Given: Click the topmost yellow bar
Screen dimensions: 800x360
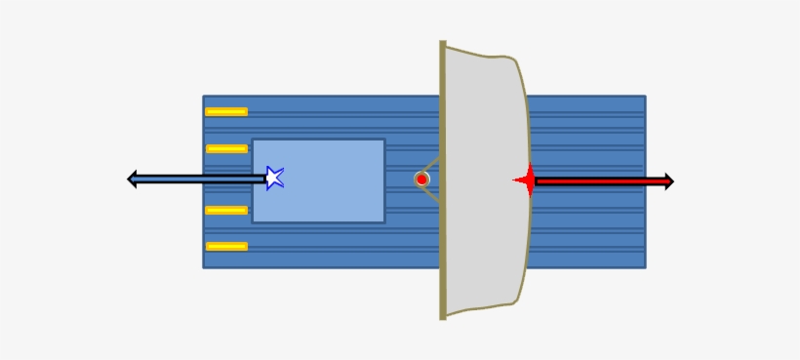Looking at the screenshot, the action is [x=226, y=112].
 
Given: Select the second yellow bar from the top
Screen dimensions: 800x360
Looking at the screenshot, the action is [x=226, y=149].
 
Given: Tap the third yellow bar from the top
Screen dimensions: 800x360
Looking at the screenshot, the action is [x=226, y=211].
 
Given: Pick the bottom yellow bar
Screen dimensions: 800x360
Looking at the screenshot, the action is [x=226, y=246].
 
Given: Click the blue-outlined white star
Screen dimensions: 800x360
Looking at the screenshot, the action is [x=275, y=178].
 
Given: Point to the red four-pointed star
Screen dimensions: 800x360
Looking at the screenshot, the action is [x=527, y=180].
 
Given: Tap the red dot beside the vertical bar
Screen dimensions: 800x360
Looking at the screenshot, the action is [x=421, y=180].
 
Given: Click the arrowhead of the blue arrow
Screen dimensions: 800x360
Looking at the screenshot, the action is [x=134, y=179].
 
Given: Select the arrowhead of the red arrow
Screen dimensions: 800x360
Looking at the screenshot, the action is [x=668, y=181].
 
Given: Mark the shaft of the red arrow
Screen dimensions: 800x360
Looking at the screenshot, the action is [x=600, y=181].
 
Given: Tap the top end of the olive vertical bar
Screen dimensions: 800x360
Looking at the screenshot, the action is [x=443, y=45].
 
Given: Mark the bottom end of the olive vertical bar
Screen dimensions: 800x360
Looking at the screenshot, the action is [x=443, y=315].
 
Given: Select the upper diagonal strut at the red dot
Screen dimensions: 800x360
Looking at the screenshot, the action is [x=432, y=168].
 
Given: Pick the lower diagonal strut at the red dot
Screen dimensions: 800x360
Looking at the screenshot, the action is [x=432, y=192].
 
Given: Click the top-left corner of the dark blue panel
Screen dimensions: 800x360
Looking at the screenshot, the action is [x=205, y=98].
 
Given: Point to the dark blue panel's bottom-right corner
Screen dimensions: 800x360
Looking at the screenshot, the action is [x=643, y=265].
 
